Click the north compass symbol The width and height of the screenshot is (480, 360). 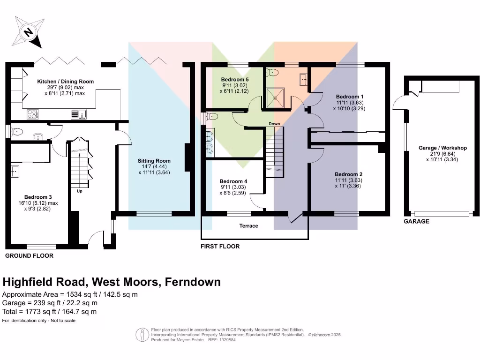click(x=29, y=32)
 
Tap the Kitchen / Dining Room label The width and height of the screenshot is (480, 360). click(x=66, y=82)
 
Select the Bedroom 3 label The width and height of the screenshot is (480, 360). click(x=37, y=197)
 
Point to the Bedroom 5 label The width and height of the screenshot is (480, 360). click(x=235, y=80)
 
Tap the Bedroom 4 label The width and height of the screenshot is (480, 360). click(x=233, y=181)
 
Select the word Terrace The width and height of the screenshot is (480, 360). click(x=248, y=226)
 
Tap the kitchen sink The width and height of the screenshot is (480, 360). click(x=77, y=113)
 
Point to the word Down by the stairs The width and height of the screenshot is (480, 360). click(x=274, y=124)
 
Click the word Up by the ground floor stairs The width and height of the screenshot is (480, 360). click(x=80, y=191)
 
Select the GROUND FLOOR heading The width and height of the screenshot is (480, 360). click(x=29, y=256)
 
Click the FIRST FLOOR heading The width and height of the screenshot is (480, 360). click(x=220, y=247)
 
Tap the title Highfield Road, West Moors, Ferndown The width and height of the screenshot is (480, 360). click(x=112, y=282)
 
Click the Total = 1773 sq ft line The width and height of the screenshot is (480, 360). click(x=50, y=311)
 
